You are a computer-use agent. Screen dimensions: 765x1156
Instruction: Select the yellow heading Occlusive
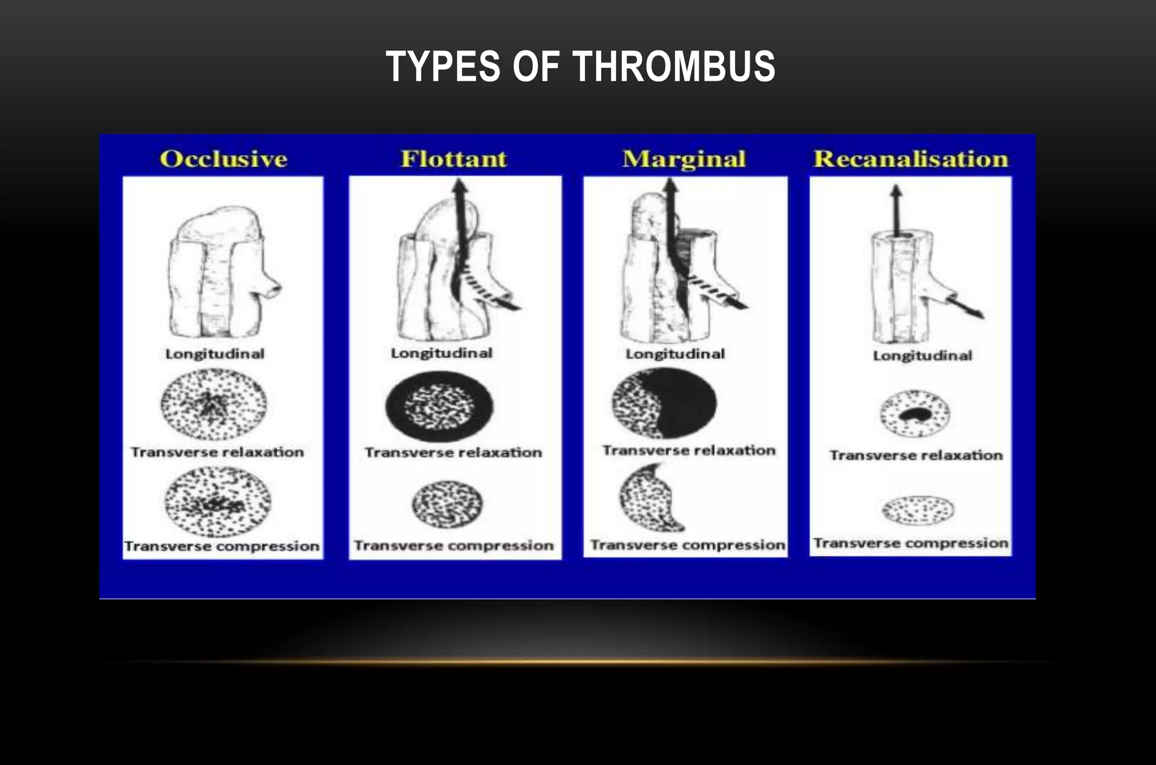pos(224,159)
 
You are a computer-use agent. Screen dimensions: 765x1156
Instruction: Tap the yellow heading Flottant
pos(454,159)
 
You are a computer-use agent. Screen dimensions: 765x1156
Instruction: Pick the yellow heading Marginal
pos(684,159)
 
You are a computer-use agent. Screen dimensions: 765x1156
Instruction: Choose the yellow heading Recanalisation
pos(910,159)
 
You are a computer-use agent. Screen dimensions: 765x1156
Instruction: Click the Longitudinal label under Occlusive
pos(214,354)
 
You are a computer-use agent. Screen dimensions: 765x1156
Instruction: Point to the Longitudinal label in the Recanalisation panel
pos(922,355)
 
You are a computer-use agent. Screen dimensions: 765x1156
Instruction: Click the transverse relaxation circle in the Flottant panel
pos(439,406)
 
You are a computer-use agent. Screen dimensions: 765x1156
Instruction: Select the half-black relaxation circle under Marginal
pos(664,403)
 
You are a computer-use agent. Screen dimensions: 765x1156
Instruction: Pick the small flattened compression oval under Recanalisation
pos(918,510)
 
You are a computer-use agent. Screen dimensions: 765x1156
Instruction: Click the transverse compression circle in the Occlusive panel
pos(218,502)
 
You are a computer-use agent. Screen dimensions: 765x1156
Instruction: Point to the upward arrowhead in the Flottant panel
pos(460,186)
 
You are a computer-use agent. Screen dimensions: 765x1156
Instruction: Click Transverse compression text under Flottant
pos(454,546)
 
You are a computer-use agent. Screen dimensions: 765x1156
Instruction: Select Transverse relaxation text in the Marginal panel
pos(689,450)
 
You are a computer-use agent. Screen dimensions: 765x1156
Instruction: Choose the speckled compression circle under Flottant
pos(448,504)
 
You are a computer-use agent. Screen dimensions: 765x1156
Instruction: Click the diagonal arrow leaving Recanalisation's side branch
pos(969,306)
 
